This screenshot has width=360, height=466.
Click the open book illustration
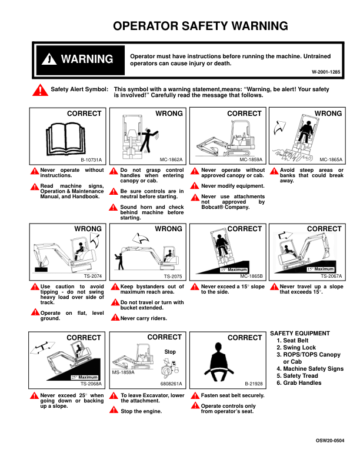pyautogui.click(x=66, y=139)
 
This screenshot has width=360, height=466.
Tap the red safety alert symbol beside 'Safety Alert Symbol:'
pyautogui.click(x=40, y=90)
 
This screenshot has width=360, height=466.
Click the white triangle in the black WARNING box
pyautogui.click(x=49, y=59)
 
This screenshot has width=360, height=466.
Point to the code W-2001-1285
pyautogui.click(x=326, y=72)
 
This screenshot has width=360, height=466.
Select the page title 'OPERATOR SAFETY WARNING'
pyautogui.click(x=201, y=26)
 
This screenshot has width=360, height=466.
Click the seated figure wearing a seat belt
pyautogui.click(x=218, y=362)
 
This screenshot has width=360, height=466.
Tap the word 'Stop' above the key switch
pyautogui.click(x=170, y=352)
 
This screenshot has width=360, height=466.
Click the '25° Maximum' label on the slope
pyautogui.click(x=84, y=377)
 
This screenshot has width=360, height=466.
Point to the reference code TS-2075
pyautogui.click(x=173, y=276)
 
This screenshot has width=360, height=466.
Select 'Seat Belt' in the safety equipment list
pyautogui.click(x=295, y=341)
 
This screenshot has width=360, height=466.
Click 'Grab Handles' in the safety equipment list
pyautogui.click(x=302, y=383)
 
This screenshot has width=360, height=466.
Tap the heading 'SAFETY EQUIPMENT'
pyautogui.click(x=300, y=334)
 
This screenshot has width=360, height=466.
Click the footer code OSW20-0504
pyautogui.click(x=330, y=441)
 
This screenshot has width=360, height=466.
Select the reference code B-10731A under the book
pyautogui.click(x=91, y=160)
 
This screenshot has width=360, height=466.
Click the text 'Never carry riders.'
pyautogui.click(x=144, y=318)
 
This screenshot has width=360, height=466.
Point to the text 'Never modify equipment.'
pyautogui.click(x=232, y=186)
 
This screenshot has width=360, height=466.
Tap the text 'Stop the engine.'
pyautogui.click(x=141, y=411)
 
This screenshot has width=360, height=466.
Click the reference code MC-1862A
pyautogui.click(x=171, y=159)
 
